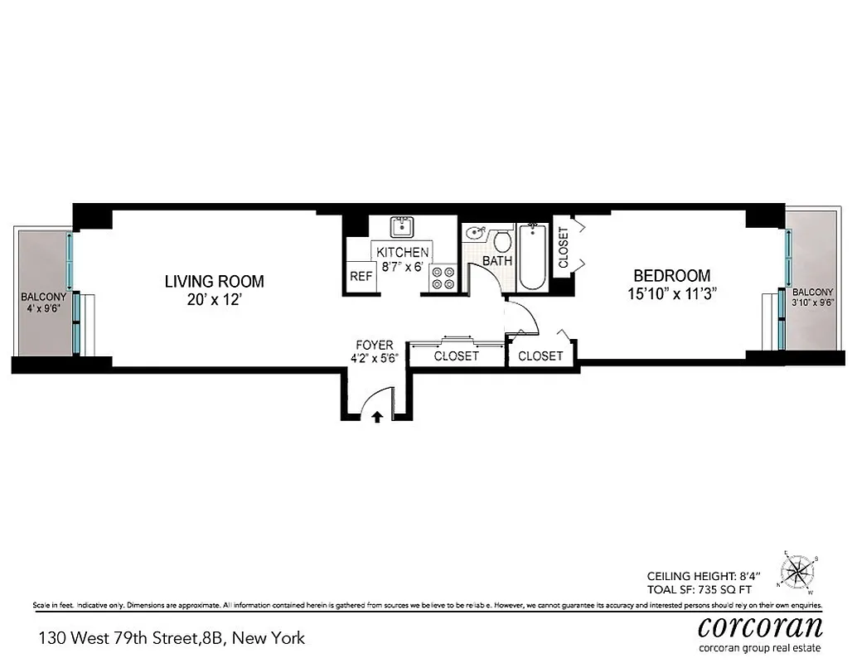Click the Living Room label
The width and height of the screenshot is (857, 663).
tap(214, 281)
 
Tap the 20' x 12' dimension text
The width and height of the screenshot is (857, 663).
tap(214, 300)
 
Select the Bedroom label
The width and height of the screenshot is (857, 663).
tap(671, 276)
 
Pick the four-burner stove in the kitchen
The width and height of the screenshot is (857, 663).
tap(443, 278)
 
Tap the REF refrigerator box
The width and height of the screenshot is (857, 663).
tap(361, 277)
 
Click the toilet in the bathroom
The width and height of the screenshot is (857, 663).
tap(501, 242)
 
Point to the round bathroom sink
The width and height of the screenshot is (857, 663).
tap(475, 233)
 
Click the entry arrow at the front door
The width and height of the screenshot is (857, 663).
tap(377, 417)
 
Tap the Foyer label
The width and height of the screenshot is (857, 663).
tap(375, 345)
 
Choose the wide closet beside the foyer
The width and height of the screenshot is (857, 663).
tap(457, 356)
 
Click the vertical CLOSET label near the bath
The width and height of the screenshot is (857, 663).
tap(564, 248)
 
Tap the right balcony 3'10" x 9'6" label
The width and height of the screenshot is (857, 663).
tap(812, 298)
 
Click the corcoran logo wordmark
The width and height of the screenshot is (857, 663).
tap(760, 625)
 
